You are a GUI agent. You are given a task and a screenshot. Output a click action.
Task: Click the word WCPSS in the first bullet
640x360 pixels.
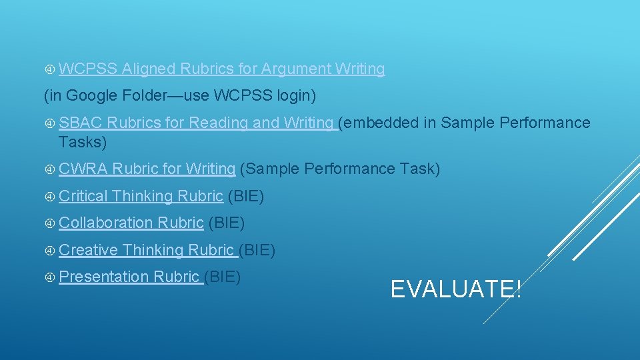pyautogui.click(x=88, y=69)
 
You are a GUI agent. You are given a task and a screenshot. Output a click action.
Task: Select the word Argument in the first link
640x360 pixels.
pyautogui.click(x=295, y=69)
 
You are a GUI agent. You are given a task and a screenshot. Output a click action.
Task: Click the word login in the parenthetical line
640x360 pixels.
pyautogui.click(x=296, y=96)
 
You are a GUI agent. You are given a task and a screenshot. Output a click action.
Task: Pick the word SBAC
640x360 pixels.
pyautogui.click(x=80, y=123)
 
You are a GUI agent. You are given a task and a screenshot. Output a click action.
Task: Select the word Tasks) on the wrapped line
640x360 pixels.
pyautogui.click(x=82, y=142)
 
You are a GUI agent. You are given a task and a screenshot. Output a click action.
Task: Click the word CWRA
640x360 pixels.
pyautogui.click(x=83, y=169)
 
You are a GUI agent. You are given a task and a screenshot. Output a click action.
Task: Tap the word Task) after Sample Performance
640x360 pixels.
pyautogui.click(x=419, y=169)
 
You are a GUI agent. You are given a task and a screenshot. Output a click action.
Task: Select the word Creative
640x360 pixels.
pyautogui.click(x=88, y=250)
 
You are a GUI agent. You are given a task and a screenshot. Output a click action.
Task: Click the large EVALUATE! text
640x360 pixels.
pyautogui.click(x=456, y=289)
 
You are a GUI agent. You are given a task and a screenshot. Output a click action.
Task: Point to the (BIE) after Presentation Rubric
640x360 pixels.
pyautogui.click(x=223, y=276)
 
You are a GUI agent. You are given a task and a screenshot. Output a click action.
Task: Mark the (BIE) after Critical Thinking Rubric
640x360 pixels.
pyautogui.click(x=246, y=196)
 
